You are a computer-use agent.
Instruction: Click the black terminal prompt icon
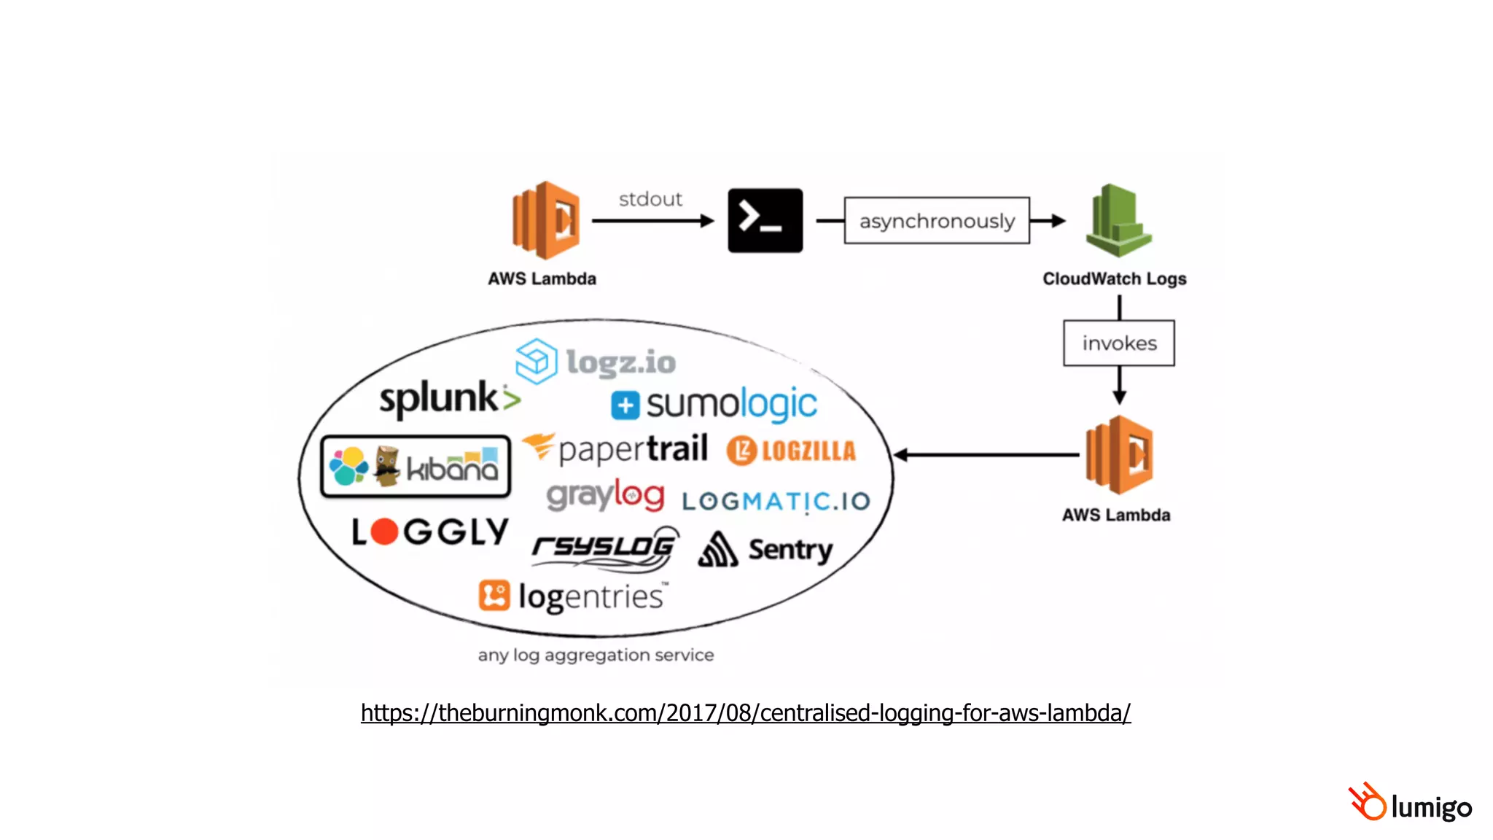point(765,220)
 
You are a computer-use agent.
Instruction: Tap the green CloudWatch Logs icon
point(1118,221)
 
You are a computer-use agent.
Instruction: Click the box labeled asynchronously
point(937,220)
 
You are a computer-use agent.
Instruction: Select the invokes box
point(1118,343)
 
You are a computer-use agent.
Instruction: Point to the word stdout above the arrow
point(650,199)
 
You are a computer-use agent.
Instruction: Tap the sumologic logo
point(714,404)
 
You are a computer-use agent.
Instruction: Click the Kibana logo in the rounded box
point(416,467)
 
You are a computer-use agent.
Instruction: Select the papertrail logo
point(616,448)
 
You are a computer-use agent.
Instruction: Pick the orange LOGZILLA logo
point(792,451)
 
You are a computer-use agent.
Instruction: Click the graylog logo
point(605,496)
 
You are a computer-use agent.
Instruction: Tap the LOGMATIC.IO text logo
point(776,501)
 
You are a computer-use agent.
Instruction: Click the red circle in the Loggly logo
point(384,532)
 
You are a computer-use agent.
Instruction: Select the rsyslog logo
point(605,547)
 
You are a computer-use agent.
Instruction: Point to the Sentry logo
point(765,549)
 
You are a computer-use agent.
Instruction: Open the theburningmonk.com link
point(745,712)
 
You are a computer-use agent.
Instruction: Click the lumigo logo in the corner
point(1410,803)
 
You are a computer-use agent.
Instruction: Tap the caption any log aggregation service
point(596,655)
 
